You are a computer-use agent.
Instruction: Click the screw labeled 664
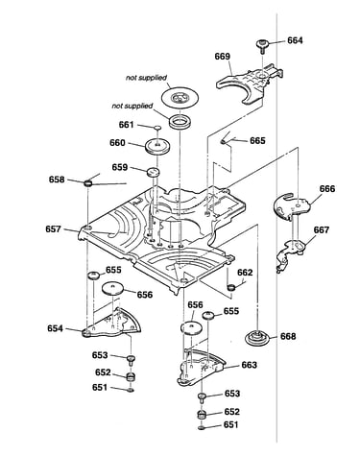[262, 46]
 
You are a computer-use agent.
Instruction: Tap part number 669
[223, 57]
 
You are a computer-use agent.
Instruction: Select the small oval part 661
[157, 128]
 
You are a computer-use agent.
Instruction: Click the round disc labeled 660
[157, 146]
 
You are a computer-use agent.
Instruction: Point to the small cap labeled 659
[153, 172]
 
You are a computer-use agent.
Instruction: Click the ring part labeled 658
[87, 183]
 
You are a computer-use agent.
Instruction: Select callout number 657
[53, 229]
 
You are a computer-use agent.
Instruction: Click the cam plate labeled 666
[292, 206]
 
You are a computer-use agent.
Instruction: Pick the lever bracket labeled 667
[290, 252]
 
